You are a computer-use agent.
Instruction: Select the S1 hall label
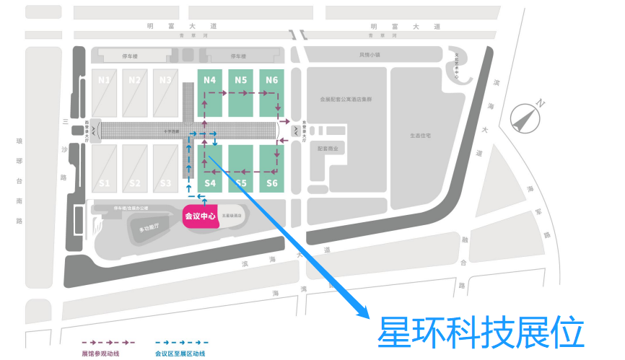pyautogui.click(x=105, y=183)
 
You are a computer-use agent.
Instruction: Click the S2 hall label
pyautogui.click(x=135, y=183)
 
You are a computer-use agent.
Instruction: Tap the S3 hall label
pyautogui.click(x=166, y=183)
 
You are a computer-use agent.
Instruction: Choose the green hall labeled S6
pyautogui.click(x=271, y=183)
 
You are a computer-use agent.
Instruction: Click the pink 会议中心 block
pyautogui.click(x=198, y=216)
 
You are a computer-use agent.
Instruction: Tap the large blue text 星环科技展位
pyautogui.click(x=480, y=333)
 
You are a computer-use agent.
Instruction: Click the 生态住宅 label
pyautogui.click(x=419, y=135)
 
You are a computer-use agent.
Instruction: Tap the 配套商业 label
pyautogui.click(x=328, y=147)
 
